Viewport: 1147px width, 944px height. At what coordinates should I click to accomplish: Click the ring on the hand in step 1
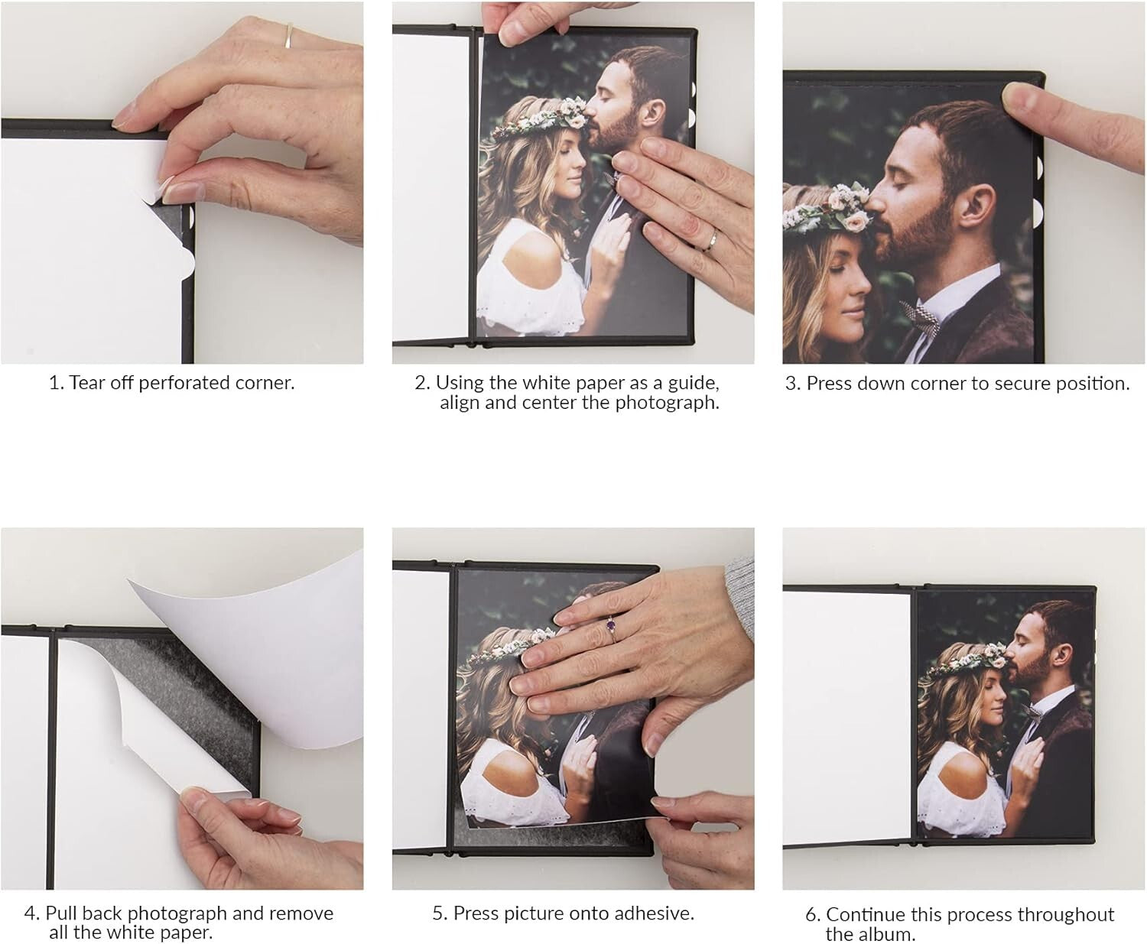[288, 36]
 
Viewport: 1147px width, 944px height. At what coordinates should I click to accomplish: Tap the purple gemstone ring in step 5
[611, 625]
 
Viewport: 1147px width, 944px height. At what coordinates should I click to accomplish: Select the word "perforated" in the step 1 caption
[167, 383]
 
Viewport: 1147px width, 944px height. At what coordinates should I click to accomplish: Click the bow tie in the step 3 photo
[920, 316]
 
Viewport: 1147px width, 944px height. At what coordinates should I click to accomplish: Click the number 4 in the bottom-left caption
[31, 913]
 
